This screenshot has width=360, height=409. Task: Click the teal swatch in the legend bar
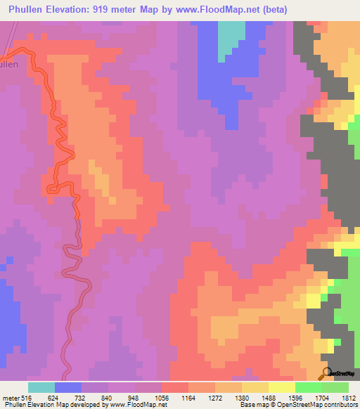pos(41,387)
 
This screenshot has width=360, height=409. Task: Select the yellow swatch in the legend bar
pos(281,387)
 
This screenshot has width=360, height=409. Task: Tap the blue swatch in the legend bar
pos(68,387)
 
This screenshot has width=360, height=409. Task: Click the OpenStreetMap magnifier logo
pos(327,373)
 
